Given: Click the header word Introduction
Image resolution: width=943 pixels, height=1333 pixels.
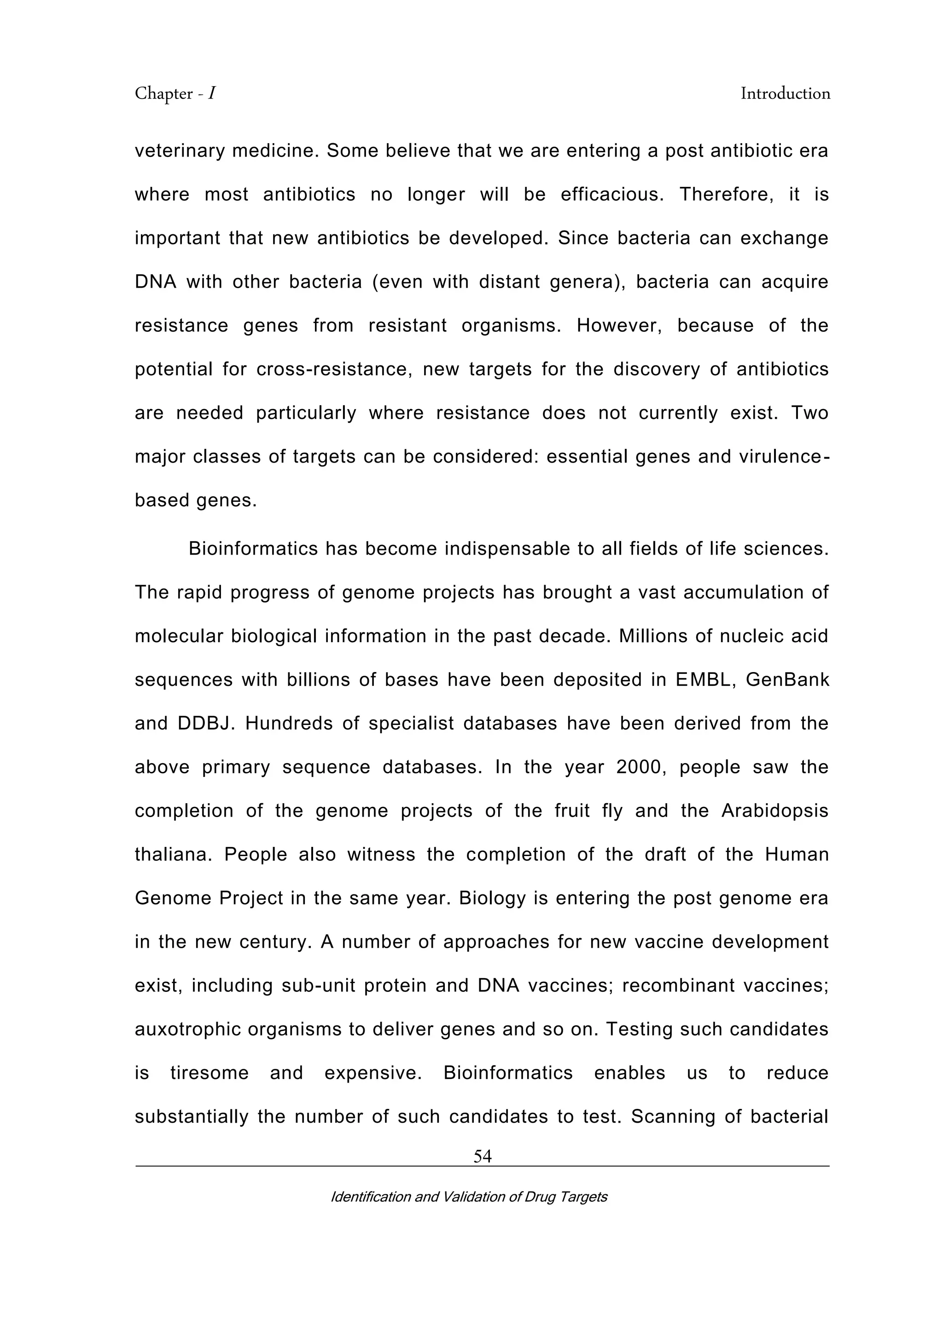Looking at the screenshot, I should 785,94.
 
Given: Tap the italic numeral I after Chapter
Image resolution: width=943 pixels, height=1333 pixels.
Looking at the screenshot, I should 212,94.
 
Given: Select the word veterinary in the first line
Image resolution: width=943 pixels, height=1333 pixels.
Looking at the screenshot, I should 178,151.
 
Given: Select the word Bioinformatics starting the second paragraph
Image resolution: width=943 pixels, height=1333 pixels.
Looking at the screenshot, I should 253,549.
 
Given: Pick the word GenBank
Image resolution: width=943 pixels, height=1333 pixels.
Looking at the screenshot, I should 787,679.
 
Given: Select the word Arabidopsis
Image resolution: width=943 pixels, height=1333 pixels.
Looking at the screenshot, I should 774,811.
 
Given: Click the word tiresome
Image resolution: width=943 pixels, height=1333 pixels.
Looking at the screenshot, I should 209,1073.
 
